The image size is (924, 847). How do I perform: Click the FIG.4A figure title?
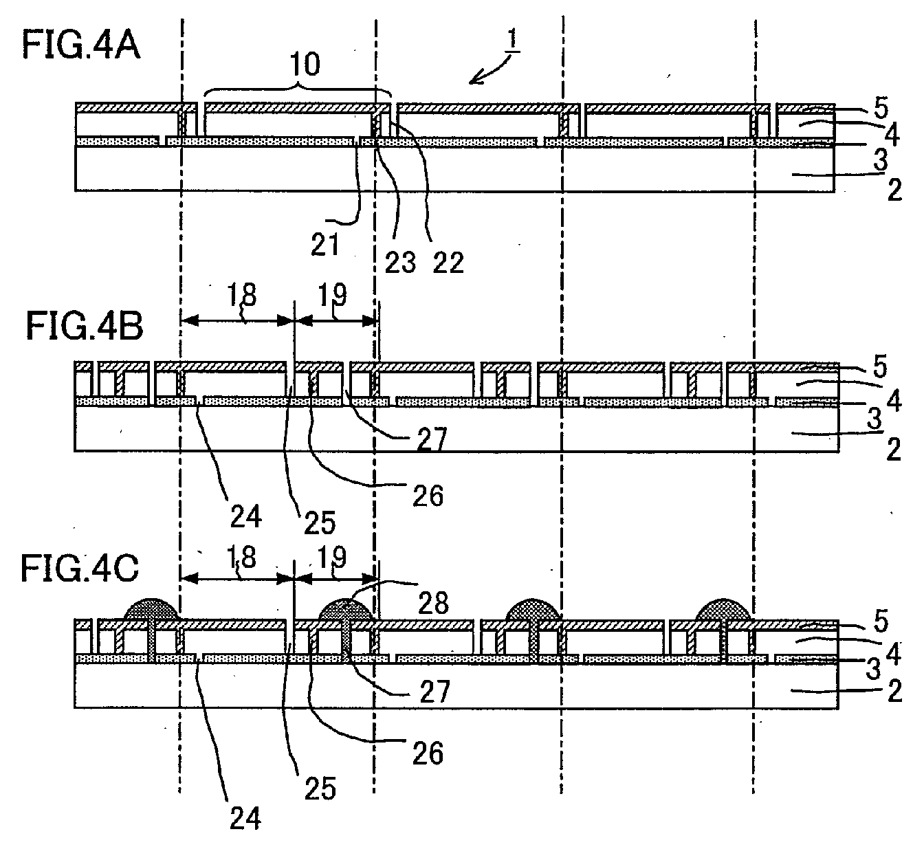pos(81,45)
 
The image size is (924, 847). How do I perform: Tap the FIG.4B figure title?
pos(85,325)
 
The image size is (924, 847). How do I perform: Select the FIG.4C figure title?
pos(80,569)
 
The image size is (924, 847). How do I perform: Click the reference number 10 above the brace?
pos(305,64)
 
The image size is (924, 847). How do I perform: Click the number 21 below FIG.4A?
pos(325,244)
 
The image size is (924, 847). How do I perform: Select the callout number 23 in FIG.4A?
pos(400,263)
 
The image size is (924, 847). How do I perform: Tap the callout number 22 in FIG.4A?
pos(448,263)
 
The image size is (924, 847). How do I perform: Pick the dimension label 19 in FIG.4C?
pos(333,557)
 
